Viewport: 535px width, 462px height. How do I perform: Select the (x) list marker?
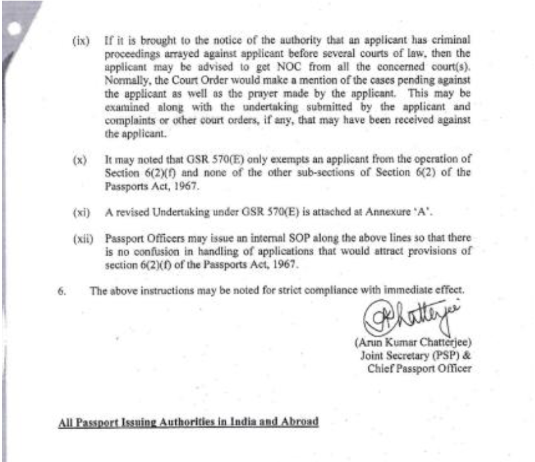coord(79,160)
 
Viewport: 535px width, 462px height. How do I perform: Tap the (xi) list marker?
coord(80,213)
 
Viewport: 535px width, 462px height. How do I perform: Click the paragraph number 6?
coord(61,291)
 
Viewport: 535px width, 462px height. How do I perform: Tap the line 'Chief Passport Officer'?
coord(419,368)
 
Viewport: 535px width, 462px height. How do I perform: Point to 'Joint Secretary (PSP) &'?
coord(415,355)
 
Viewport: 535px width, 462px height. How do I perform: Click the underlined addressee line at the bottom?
coord(188,421)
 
